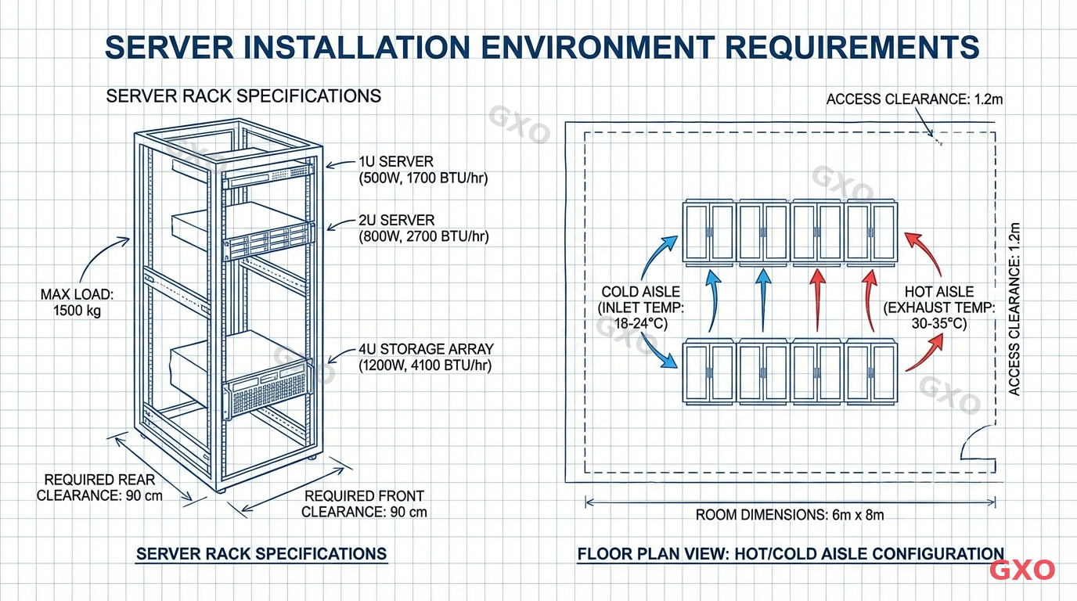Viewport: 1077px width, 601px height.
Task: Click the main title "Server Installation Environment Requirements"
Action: [x=542, y=47]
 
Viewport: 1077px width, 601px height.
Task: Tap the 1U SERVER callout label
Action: [x=423, y=170]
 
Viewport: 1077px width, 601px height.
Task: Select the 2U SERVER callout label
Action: [x=423, y=228]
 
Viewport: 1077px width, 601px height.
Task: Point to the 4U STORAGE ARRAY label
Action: [x=426, y=357]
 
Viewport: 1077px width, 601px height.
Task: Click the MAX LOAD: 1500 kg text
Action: [x=77, y=303]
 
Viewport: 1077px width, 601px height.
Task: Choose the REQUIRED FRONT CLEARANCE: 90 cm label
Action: [x=364, y=504]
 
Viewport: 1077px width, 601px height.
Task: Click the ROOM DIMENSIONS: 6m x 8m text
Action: [x=790, y=515]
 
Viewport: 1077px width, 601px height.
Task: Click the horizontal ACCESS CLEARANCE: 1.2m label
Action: [x=914, y=99]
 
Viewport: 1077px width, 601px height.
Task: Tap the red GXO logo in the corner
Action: [x=1022, y=570]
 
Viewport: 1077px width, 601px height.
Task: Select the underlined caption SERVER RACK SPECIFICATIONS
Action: [x=261, y=554]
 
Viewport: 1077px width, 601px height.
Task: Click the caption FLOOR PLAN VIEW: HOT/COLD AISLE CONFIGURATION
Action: [x=790, y=554]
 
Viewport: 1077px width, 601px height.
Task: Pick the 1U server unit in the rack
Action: [x=268, y=176]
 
